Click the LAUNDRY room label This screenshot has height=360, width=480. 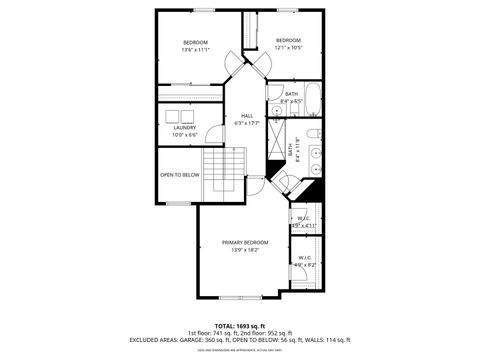coord(184,127)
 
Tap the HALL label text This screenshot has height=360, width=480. coord(246,116)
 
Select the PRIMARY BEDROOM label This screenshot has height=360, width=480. coord(245,243)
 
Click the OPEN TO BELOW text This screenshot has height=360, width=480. coord(180,175)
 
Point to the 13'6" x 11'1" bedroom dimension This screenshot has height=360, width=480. coord(194,49)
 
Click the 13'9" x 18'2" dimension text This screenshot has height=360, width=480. coord(245,251)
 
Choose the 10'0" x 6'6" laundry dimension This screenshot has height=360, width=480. coord(184,134)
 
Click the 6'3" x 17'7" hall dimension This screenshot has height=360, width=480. coord(246,124)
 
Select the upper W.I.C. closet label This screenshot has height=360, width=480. coord(304,218)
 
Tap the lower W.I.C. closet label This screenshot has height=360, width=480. coord(305,258)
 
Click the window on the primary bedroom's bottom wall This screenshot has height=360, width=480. coord(231,298)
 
